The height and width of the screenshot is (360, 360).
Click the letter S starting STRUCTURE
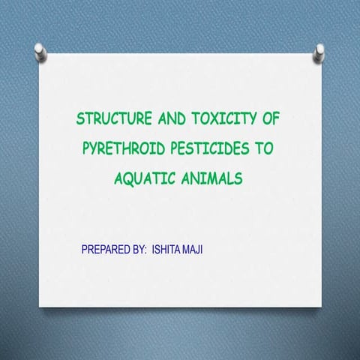(x=80, y=119)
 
